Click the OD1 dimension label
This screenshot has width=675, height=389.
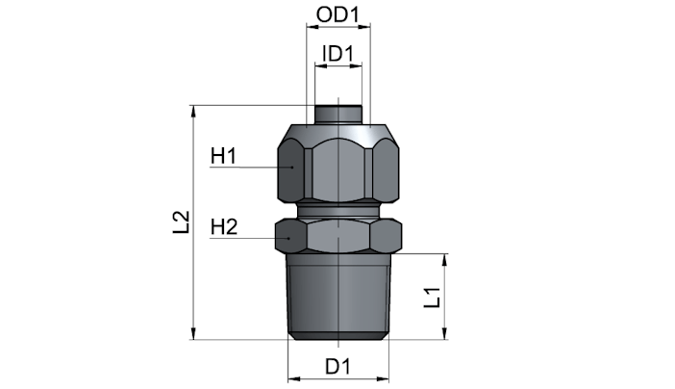tap(337, 14)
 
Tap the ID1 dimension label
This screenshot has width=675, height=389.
tap(337, 54)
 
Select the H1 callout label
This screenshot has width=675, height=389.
tap(223, 156)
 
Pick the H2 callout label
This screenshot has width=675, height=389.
tap(224, 227)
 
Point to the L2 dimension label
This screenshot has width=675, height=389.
tap(181, 222)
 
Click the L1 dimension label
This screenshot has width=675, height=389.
tap(432, 298)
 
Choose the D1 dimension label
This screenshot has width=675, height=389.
tap(337, 367)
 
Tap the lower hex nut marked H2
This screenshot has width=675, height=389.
tap(338, 236)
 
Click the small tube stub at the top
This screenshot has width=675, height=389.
tap(337, 115)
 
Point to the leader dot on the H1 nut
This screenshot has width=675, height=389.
tap(291, 167)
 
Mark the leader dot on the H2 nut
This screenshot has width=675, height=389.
tap(288, 238)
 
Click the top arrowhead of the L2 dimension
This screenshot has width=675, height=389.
tap(193, 111)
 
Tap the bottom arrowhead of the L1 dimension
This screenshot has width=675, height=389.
tap(444, 333)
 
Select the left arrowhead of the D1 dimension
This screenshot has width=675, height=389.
tap(294, 379)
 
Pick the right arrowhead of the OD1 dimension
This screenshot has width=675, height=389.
tap(364, 27)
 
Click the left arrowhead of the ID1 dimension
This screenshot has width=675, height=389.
tap(321, 66)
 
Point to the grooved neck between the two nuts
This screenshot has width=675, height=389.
tap(338, 211)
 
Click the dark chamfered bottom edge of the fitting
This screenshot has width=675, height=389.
tap(338, 336)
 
